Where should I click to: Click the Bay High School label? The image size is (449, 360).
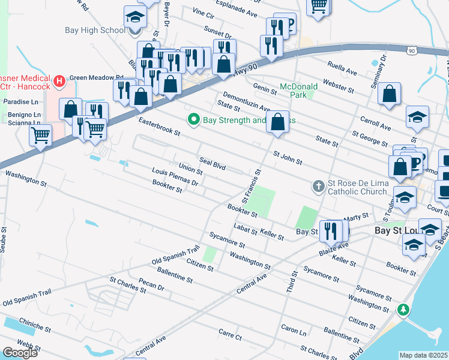(95, 30)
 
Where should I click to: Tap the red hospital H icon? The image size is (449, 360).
(59, 80)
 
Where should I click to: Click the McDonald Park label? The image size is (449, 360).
(298, 90)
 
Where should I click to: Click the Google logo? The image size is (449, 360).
(20, 352)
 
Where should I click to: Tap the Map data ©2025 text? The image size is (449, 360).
(423, 355)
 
